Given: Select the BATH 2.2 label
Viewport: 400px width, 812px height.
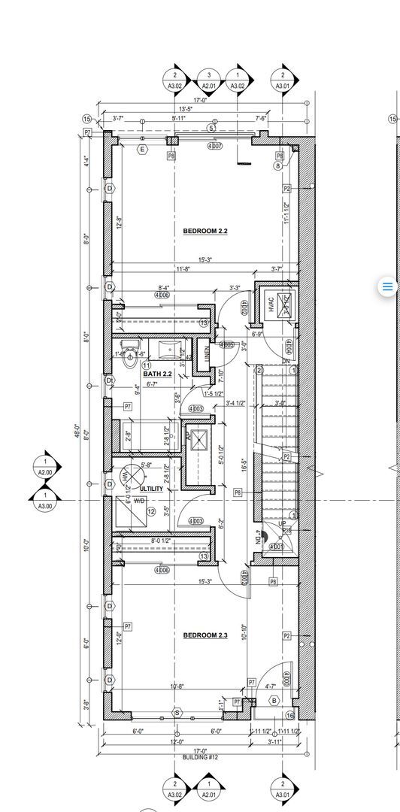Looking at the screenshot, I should (x=158, y=374).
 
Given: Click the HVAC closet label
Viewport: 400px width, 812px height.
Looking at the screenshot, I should (x=271, y=304).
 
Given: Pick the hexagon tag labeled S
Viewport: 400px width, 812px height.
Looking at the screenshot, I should (x=177, y=712).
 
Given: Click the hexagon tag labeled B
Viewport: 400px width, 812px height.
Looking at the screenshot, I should (x=274, y=701).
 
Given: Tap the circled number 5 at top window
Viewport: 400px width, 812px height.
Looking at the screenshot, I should (x=211, y=129).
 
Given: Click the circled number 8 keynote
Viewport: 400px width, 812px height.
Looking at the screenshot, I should (x=278, y=165).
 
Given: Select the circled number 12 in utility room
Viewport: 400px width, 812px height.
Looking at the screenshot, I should (x=150, y=512).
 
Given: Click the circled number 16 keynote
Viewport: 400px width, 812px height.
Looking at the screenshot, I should (x=289, y=716).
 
